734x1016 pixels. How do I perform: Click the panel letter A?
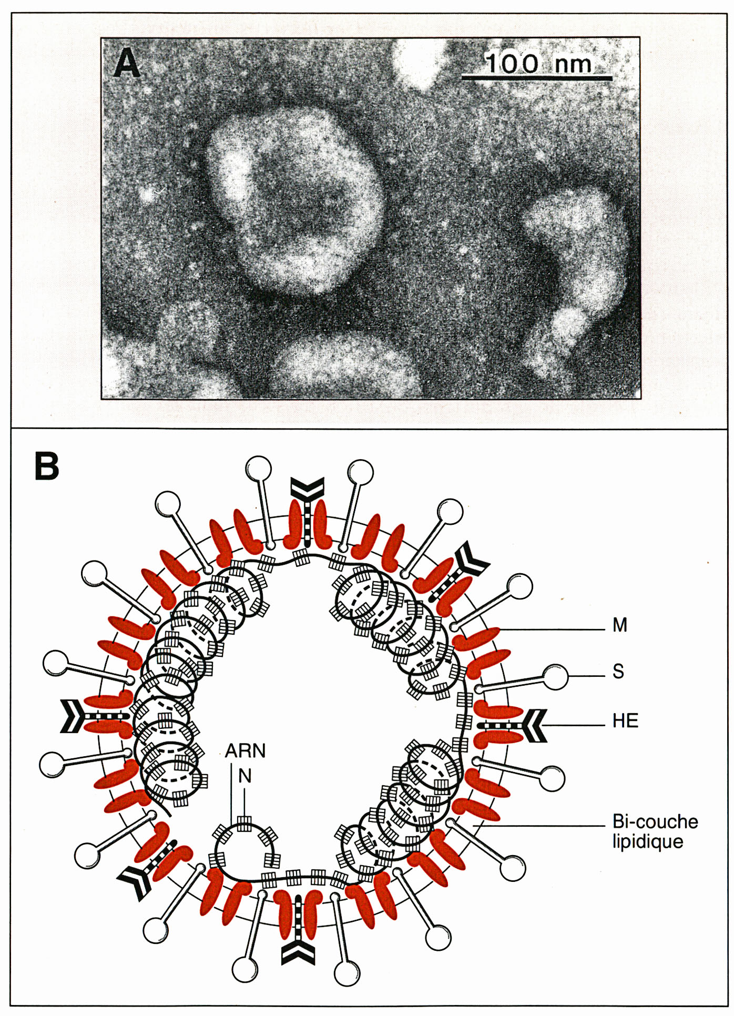(127, 63)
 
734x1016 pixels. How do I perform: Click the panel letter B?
(47, 465)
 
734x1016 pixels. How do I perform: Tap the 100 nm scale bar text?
(538, 64)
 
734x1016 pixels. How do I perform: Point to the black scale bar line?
(537, 78)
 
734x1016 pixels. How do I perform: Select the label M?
(620, 625)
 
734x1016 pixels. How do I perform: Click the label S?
(618, 672)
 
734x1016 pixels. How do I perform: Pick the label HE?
(625, 720)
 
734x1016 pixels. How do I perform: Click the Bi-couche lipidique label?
(655, 831)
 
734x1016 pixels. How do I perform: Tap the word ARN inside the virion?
(245, 750)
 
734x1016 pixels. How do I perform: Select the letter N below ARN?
(245, 776)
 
